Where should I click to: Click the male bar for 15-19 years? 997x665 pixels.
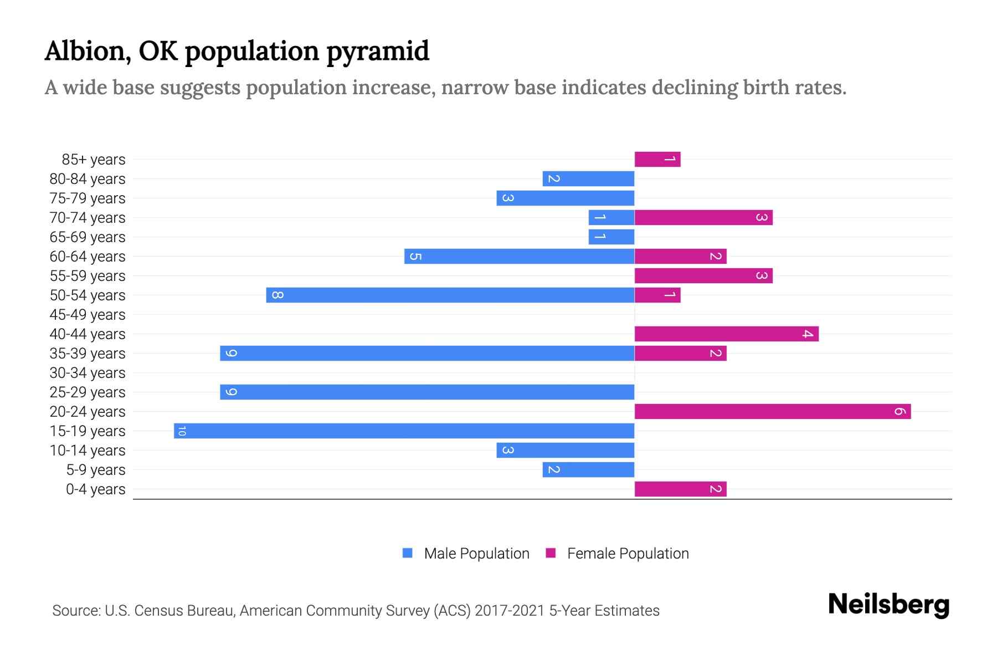[x=404, y=431]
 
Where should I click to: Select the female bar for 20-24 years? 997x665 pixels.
[x=773, y=412]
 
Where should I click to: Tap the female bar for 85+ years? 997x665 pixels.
[x=657, y=160]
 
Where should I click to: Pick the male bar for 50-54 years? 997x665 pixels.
[x=450, y=295]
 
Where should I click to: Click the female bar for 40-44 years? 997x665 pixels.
[x=726, y=334]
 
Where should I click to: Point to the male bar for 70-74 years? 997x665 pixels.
[x=611, y=218]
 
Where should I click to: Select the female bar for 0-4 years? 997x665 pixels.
[x=680, y=489]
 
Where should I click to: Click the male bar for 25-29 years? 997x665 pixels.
[x=426, y=392]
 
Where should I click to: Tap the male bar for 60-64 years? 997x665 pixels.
[x=519, y=257]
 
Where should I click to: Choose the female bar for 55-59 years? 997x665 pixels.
[x=703, y=276]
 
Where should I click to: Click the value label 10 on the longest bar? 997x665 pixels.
[x=182, y=431]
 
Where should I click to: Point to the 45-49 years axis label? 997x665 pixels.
[x=88, y=315]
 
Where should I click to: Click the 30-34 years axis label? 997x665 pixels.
[x=88, y=373]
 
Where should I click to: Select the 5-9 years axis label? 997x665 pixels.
[x=96, y=470]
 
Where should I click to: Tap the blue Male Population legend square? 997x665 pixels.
[x=408, y=553]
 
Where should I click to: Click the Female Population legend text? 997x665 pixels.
[x=628, y=554]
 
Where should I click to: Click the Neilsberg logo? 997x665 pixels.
[x=888, y=604]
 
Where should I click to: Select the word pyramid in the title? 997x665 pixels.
[x=377, y=52]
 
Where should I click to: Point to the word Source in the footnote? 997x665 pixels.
[x=76, y=611]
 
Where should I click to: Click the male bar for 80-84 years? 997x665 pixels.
[x=588, y=179]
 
